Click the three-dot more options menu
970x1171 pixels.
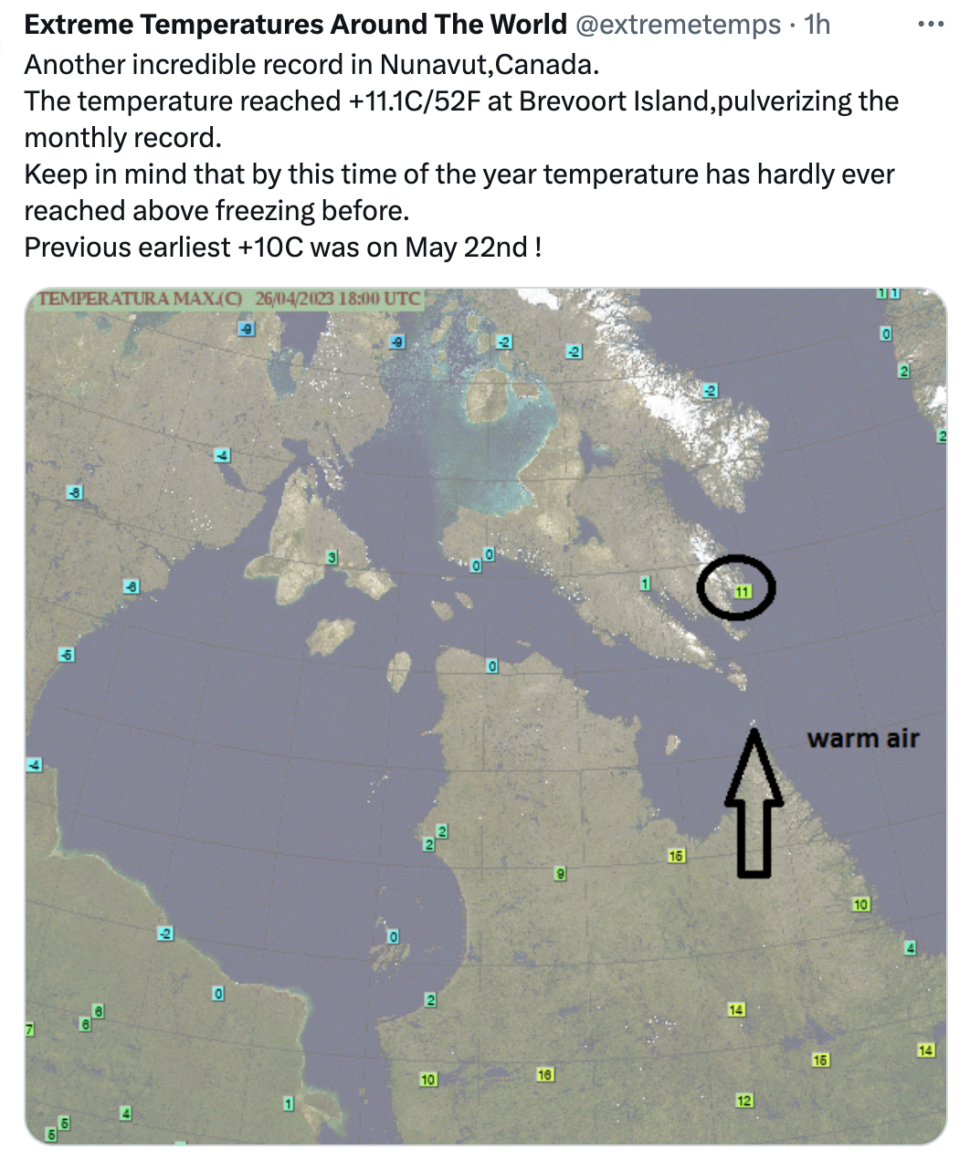[x=932, y=24]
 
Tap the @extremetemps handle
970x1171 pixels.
[x=678, y=25]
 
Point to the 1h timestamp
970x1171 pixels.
[x=817, y=25]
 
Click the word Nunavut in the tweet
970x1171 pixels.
[x=435, y=65]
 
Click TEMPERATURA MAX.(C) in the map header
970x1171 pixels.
[x=140, y=299]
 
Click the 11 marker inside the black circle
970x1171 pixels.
[x=743, y=592]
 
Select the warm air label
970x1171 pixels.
[x=863, y=739]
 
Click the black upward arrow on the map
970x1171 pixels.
[x=754, y=803]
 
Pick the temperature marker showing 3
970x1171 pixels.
[x=332, y=557]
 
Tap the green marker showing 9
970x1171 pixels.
[x=560, y=873]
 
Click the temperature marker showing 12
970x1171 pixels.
[x=744, y=1101]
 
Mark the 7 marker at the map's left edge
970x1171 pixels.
[x=30, y=1029]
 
